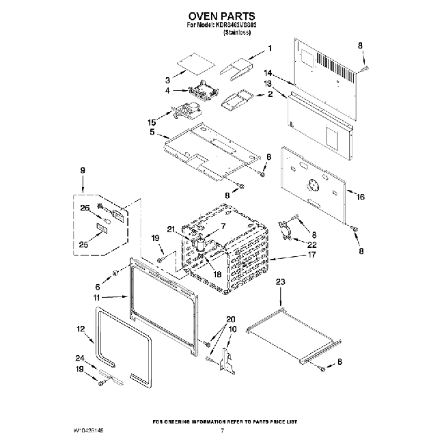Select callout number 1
[269, 48]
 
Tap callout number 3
[168, 80]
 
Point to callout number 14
[268, 72]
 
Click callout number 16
[361, 197]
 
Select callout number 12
[80, 329]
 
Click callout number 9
[83, 169]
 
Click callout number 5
[152, 130]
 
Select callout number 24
[80, 358]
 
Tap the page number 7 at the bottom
[223, 432]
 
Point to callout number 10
[232, 329]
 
